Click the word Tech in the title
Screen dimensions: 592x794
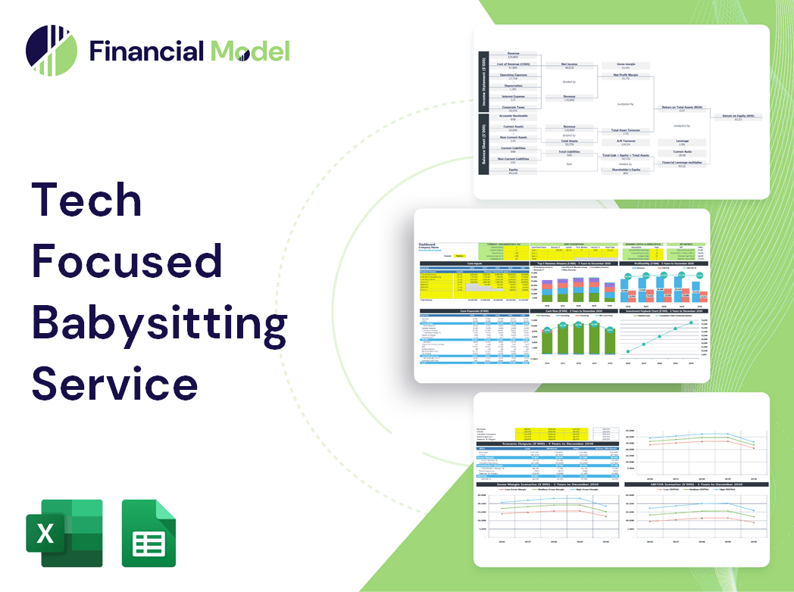[87, 200]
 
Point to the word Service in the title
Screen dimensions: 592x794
[114, 383]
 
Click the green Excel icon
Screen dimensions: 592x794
[64, 533]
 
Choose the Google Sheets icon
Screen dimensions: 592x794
[148, 533]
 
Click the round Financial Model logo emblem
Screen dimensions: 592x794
[52, 51]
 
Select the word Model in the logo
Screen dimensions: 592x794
[250, 51]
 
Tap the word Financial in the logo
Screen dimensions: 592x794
[147, 51]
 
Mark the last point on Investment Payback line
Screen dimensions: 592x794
[690, 322]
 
